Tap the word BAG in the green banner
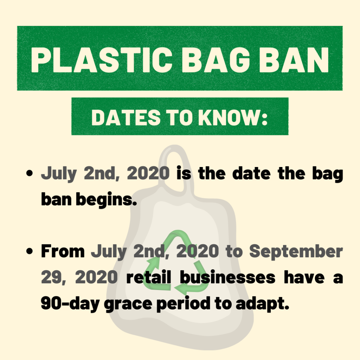point(216,60)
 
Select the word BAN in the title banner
point(294,60)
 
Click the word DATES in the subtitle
point(126,117)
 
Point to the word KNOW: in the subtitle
point(233,117)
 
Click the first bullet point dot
point(30,173)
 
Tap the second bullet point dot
point(30,251)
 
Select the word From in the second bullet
point(63,251)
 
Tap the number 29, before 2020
point(54,277)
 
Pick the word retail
point(149,277)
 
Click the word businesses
point(227,277)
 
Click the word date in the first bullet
point(251,173)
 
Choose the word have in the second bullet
point(304,277)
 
